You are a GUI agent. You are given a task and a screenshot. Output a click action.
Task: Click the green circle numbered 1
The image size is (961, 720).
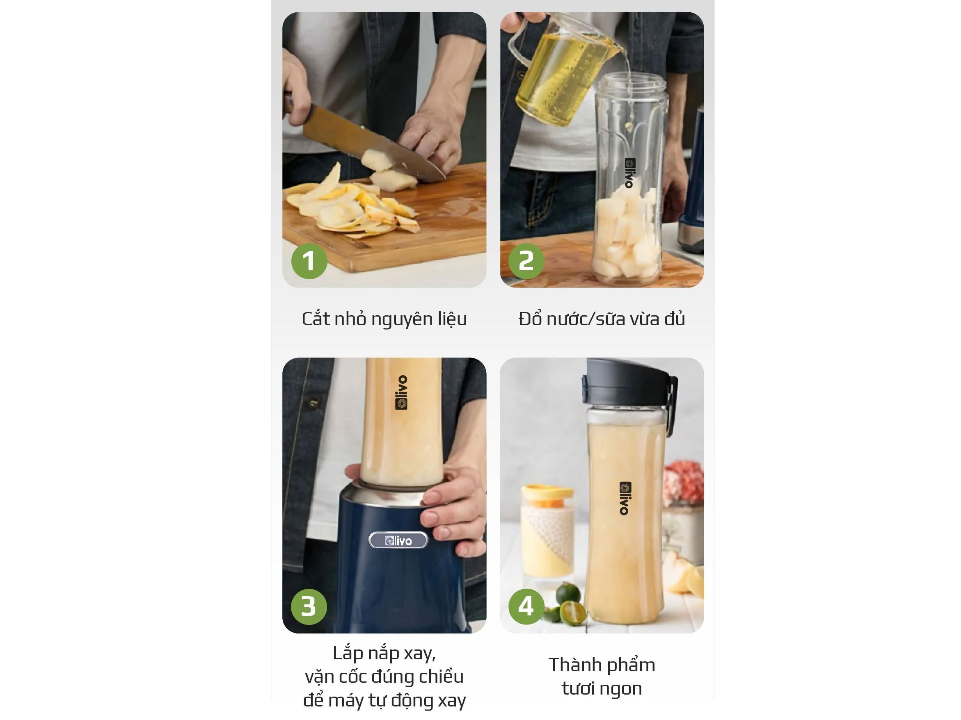point(309,261)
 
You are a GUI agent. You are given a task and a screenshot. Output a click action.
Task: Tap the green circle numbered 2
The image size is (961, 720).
point(526,261)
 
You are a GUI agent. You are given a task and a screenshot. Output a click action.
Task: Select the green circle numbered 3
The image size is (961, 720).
point(309,606)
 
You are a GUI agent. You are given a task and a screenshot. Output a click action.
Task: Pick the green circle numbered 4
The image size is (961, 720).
point(526,606)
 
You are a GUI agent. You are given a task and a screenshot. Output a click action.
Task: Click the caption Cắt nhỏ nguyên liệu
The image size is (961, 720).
point(384,319)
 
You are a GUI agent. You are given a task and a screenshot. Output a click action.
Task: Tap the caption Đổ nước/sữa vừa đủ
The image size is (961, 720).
point(602,319)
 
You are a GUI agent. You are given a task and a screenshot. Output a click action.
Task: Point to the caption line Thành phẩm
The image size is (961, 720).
point(602,665)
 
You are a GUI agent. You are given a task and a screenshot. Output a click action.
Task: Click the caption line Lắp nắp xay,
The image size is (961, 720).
point(384,653)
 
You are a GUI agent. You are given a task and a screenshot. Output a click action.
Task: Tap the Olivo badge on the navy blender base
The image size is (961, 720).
point(398,540)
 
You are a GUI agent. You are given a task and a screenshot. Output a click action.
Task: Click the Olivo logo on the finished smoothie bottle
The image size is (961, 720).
point(624,498)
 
